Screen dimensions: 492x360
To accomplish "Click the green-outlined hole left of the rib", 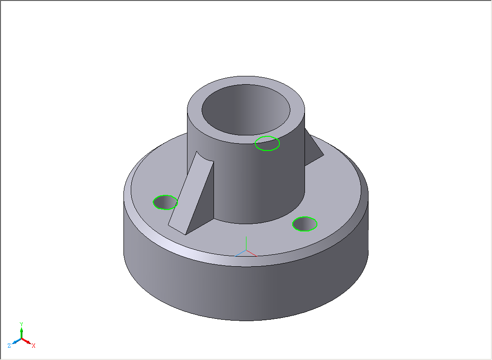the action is pyautogui.click(x=166, y=203).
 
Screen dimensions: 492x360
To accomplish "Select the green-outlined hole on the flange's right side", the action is pyautogui.click(x=305, y=224).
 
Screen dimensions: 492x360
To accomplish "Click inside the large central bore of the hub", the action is pyautogui.click(x=246, y=110).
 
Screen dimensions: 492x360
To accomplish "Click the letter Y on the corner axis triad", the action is pyautogui.click(x=21, y=324).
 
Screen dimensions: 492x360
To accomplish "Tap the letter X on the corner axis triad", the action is pyautogui.click(x=33, y=345).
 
